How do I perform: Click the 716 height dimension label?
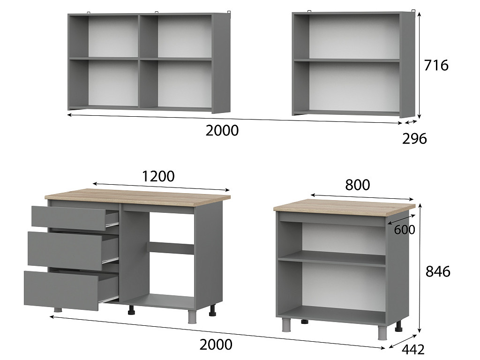436,65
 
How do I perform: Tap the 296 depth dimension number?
414,139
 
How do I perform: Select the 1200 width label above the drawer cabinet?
158,176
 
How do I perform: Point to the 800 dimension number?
357,185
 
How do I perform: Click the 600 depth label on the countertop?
405,230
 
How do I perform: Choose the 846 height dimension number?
438,271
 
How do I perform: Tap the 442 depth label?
412,349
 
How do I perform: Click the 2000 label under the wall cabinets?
222,131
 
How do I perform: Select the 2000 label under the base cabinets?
216,345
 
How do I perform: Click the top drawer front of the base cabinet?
69,217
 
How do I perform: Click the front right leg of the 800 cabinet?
382,332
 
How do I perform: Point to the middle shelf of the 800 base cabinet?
331,259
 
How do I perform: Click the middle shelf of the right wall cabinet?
347,60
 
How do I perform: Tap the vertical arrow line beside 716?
420,66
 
